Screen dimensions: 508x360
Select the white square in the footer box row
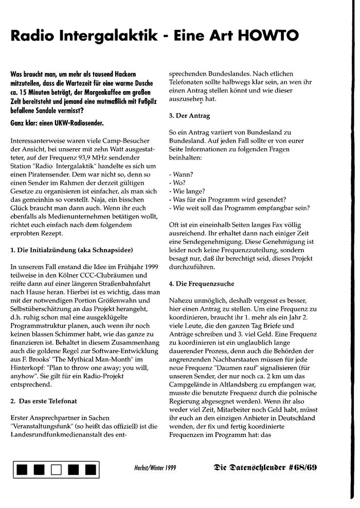(57, 469)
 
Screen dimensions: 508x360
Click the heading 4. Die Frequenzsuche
(202, 284)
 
